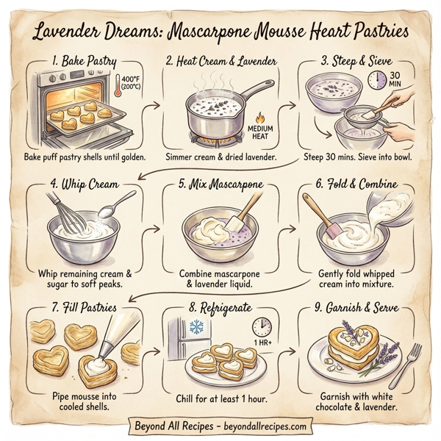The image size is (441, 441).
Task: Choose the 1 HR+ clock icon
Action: click(262, 327)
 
